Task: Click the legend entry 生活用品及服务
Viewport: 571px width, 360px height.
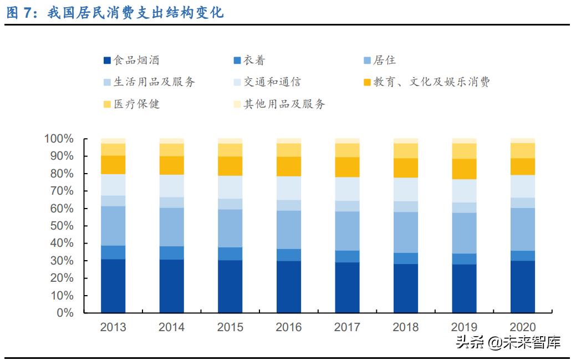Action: [149, 82]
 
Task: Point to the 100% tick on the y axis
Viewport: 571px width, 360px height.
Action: [59, 139]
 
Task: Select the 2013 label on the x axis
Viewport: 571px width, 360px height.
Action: [113, 327]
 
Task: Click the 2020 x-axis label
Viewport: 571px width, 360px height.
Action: [523, 327]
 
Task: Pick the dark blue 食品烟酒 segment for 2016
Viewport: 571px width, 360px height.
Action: [289, 286]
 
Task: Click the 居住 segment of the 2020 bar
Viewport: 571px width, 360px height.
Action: [523, 229]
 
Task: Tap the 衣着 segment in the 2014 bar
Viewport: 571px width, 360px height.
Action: [172, 252]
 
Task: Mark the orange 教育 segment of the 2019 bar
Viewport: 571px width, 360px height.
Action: [465, 169]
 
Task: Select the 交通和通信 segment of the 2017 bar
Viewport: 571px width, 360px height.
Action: [348, 189]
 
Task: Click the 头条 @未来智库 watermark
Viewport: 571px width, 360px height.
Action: [507, 342]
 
